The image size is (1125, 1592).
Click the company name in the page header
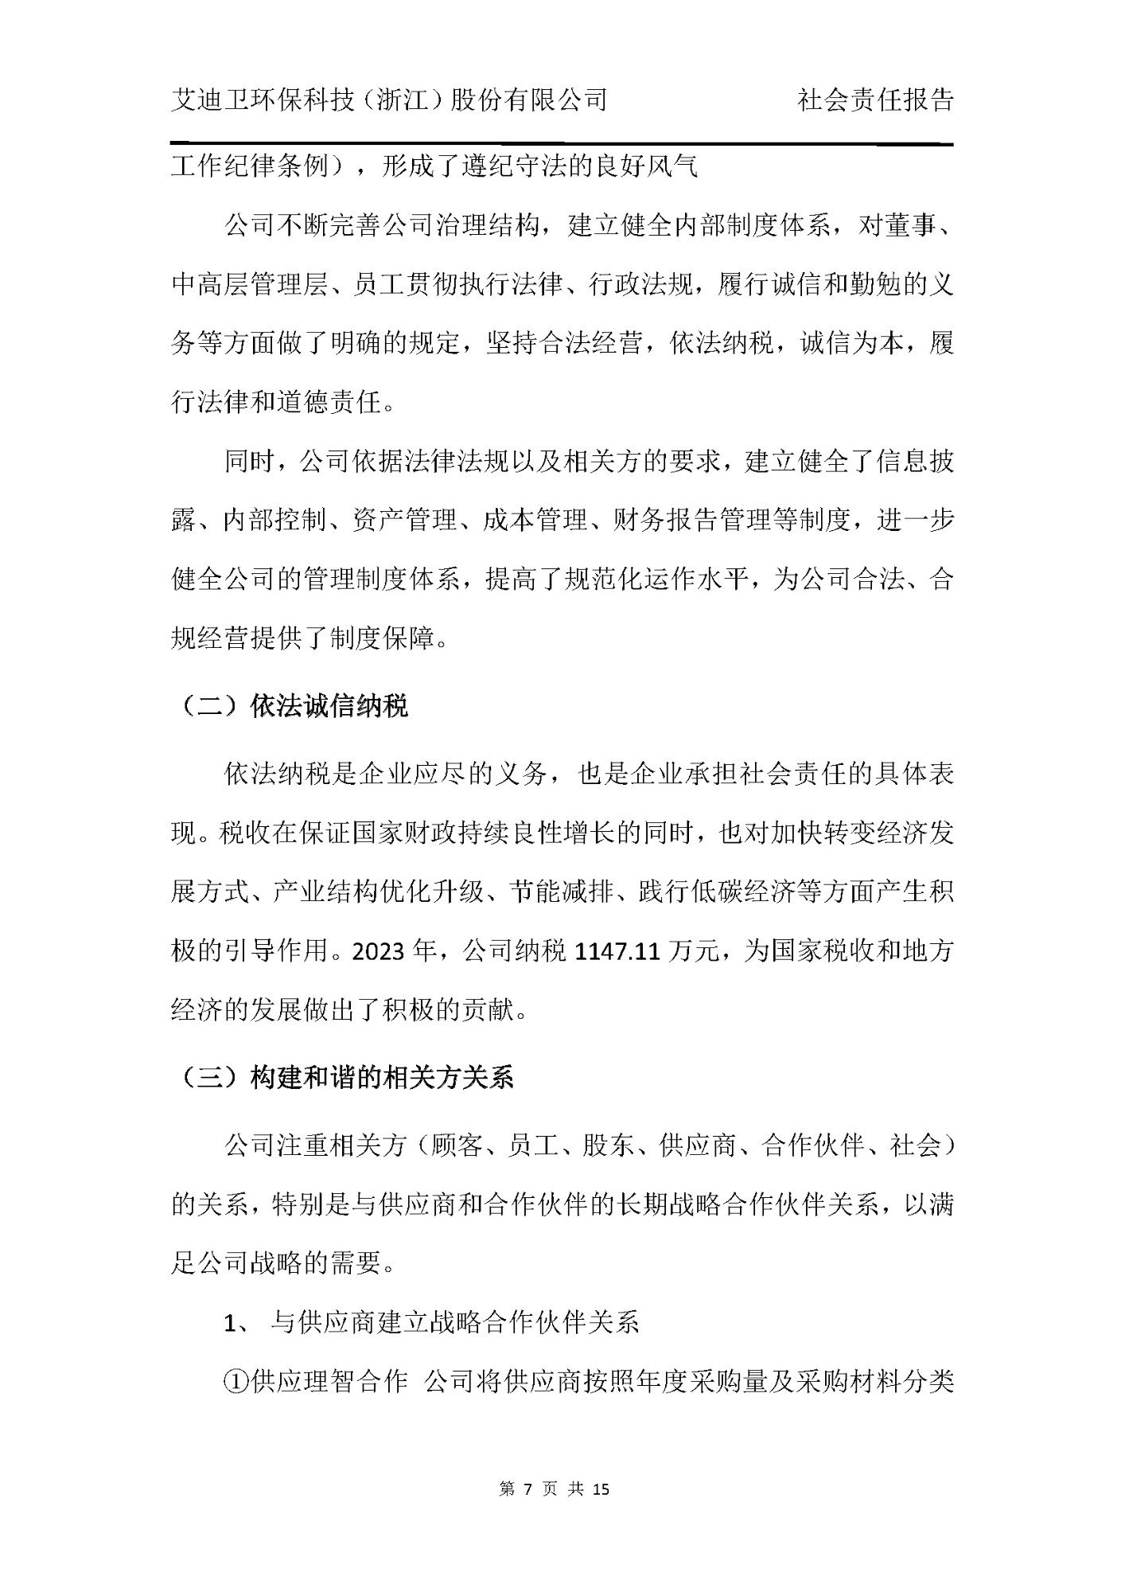389,100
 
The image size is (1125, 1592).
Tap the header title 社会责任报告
875,100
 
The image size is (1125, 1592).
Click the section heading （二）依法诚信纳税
290,706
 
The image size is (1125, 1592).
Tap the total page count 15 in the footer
601,1489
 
